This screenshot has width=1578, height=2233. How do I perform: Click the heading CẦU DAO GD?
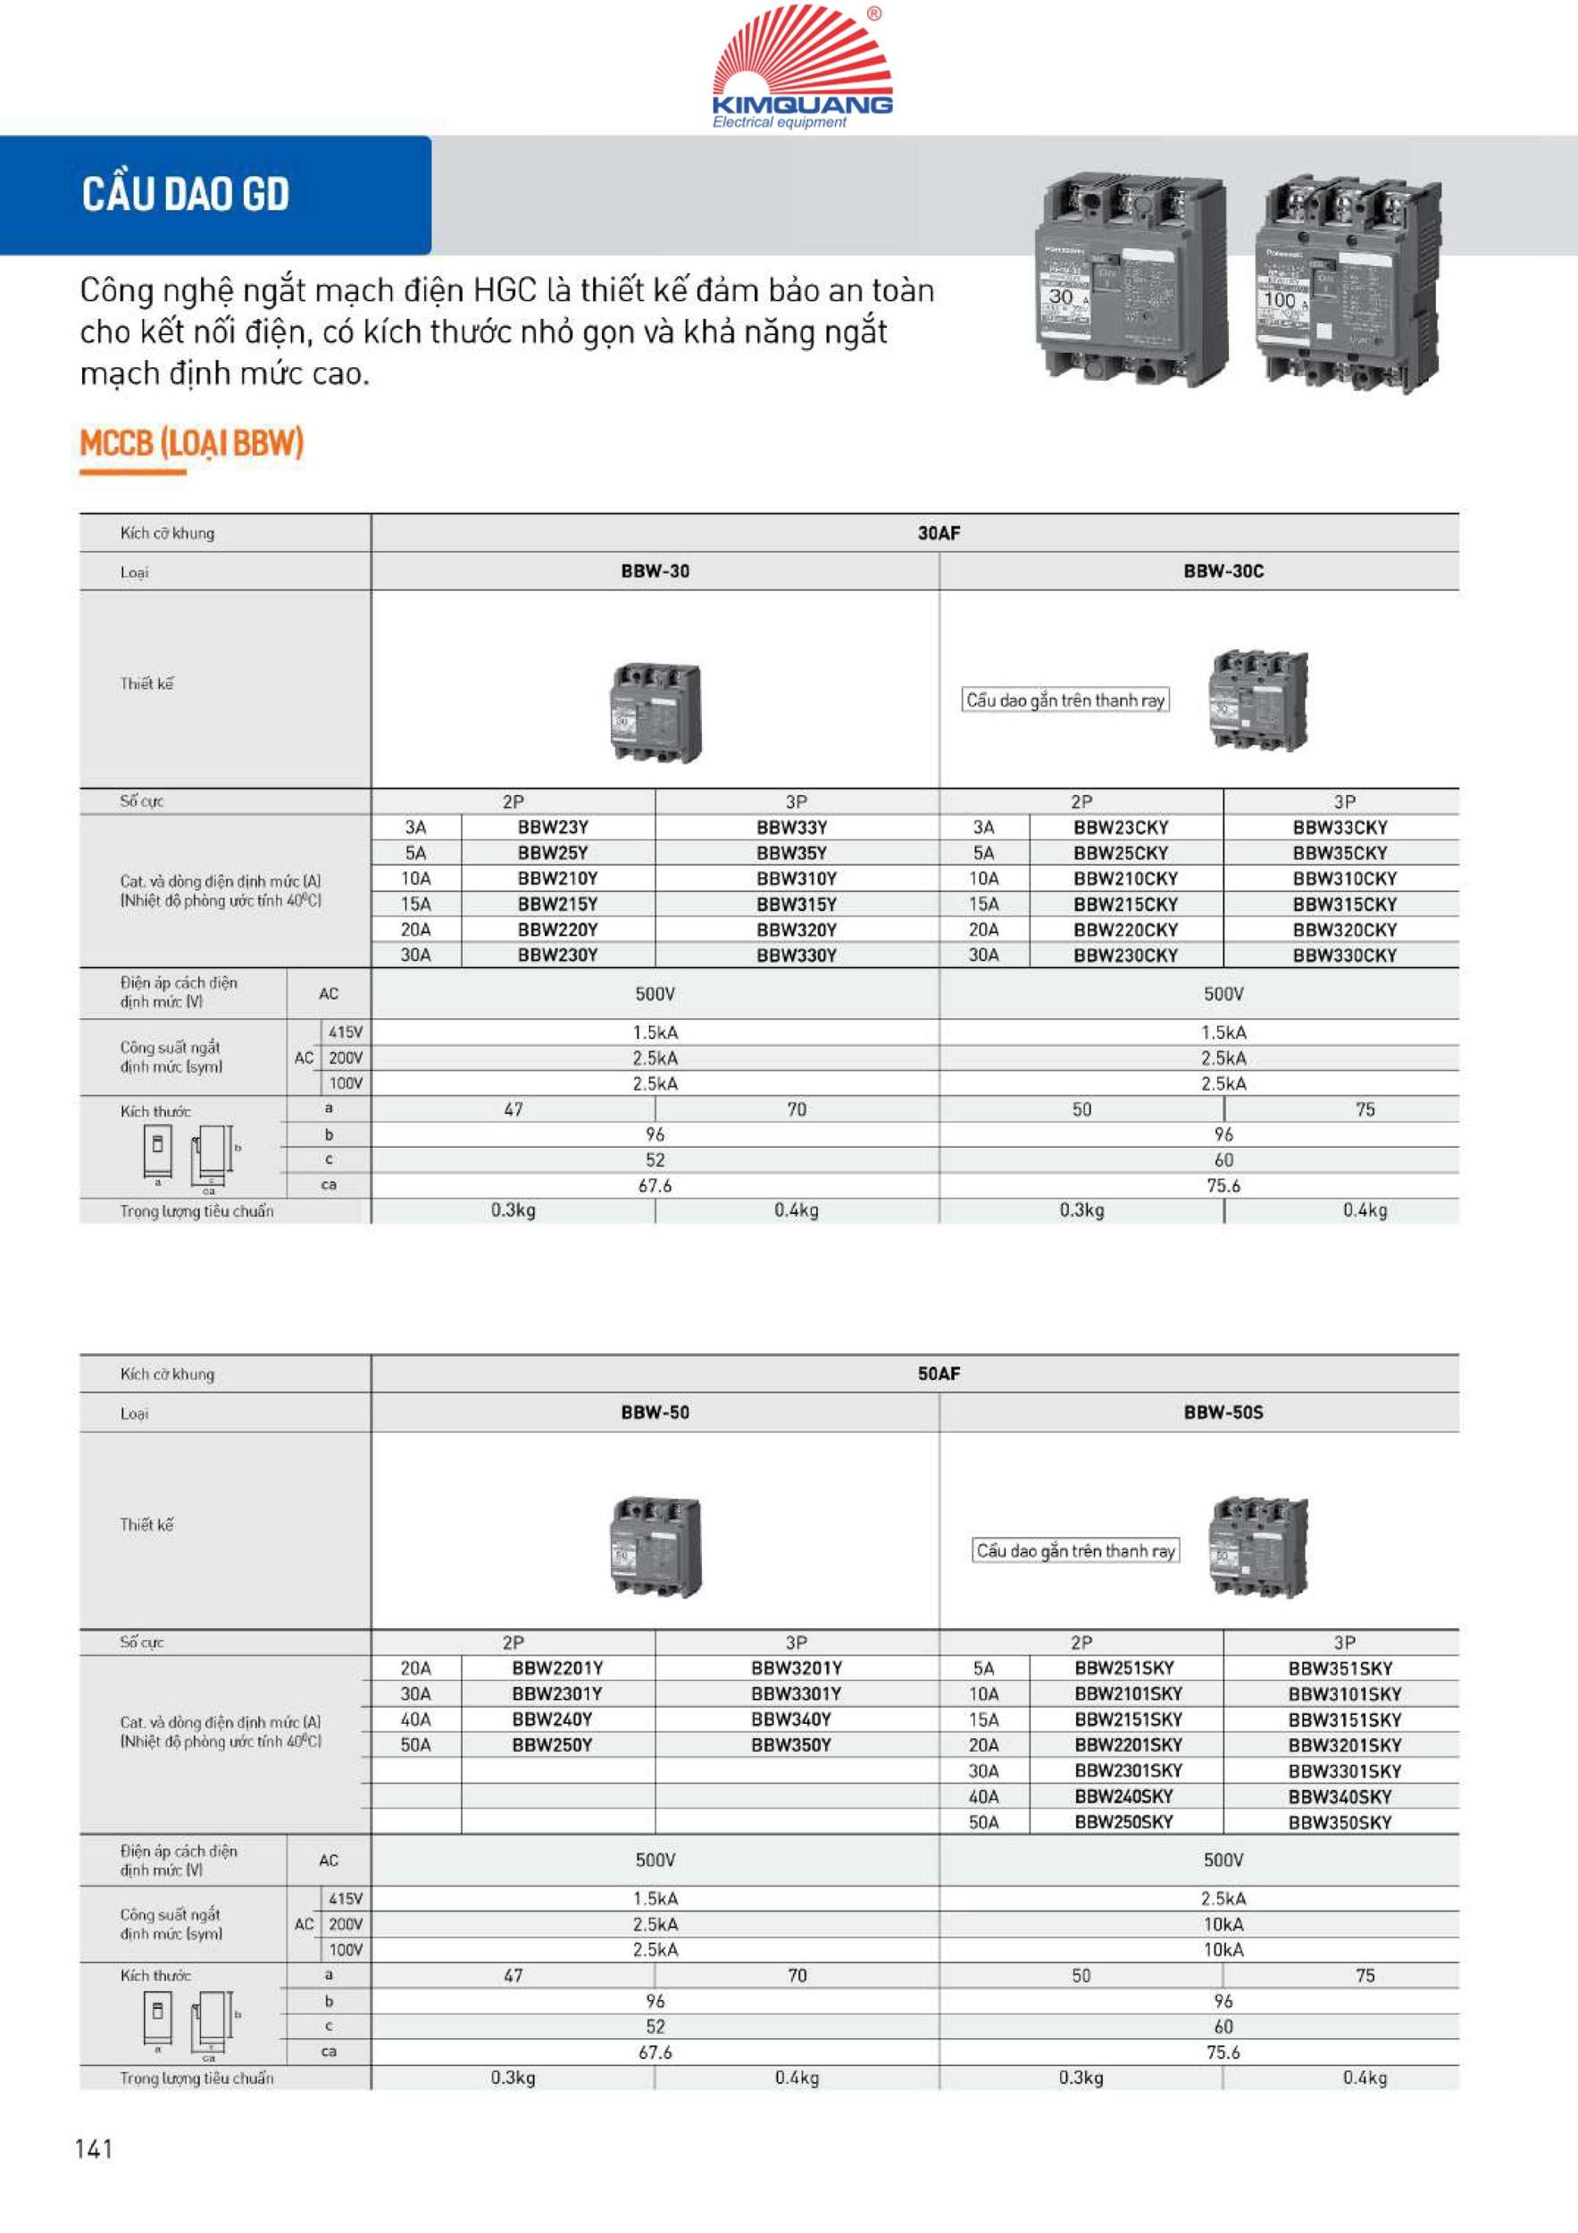[x=186, y=194]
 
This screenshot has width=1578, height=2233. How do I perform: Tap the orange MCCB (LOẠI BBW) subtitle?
[x=191, y=445]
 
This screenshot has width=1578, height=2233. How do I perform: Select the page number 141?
[x=95, y=2148]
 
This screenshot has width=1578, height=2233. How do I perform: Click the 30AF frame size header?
[x=939, y=533]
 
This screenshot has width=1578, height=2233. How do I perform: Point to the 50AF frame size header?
[x=939, y=1373]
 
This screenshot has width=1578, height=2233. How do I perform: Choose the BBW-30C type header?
[x=1223, y=571]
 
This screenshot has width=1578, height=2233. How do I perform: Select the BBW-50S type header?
[x=1223, y=1412]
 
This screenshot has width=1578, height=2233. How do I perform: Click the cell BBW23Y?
[x=552, y=828]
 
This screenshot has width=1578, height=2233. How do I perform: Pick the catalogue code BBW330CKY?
[x=1344, y=955]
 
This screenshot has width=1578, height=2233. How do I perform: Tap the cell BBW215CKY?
[x=1125, y=905]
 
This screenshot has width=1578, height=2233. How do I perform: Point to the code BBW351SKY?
[x=1340, y=1668]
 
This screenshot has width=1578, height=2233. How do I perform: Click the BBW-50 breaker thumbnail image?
[x=656, y=1546]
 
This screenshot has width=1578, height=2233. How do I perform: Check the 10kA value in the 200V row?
[x=1223, y=1924]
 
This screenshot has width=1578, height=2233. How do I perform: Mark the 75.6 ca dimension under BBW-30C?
[x=1223, y=1185]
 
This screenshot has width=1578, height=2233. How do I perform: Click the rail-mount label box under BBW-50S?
[x=1075, y=1551]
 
